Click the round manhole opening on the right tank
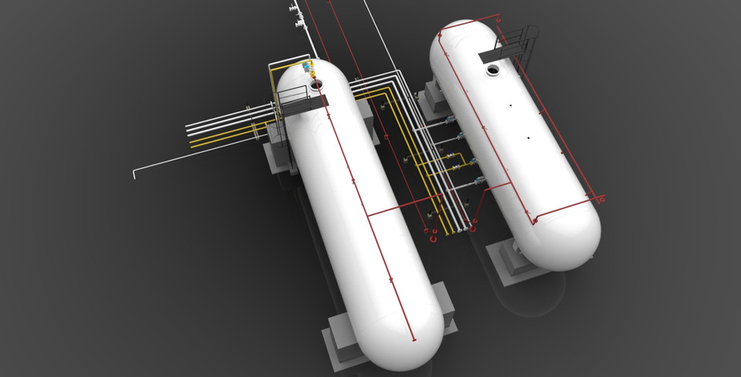492,72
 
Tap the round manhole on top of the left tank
316,81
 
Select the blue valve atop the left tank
306,67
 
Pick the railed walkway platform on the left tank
298,99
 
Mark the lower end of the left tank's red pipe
414,338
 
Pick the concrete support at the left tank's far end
278,154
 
